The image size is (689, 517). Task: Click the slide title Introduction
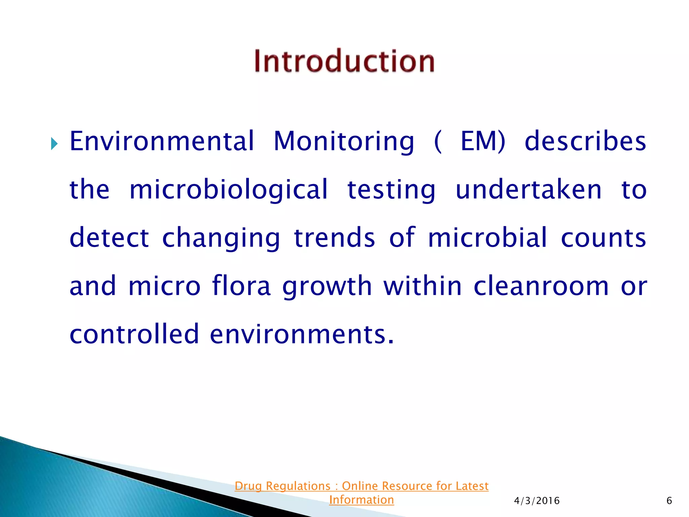pyautogui.click(x=344, y=61)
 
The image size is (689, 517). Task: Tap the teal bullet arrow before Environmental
pyautogui.click(x=55, y=144)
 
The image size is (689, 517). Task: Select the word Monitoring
pyautogui.click(x=344, y=141)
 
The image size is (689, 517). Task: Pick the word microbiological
pyautogui.click(x=228, y=189)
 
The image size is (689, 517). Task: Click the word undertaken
pyautogui.click(x=529, y=189)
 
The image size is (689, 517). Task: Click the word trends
pyautogui.click(x=334, y=238)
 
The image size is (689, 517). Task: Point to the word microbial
pyautogui.click(x=487, y=238)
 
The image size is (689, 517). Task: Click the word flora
pyautogui.click(x=241, y=286)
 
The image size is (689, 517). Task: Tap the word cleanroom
pyautogui.click(x=541, y=286)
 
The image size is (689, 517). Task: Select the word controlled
pyautogui.click(x=135, y=334)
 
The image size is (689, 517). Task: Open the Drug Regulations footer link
pyautogui.click(x=362, y=486)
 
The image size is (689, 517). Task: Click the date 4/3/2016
pyautogui.click(x=537, y=501)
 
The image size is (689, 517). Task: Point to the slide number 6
pyautogui.click(x=669, y=501)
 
